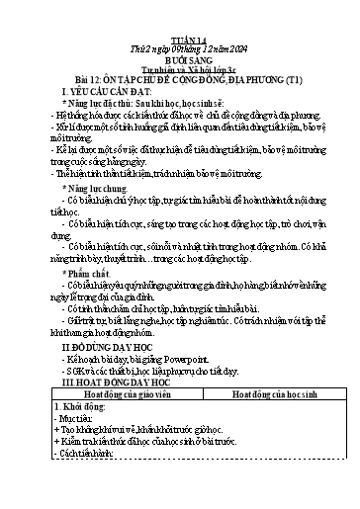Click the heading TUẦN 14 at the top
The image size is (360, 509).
(x=180, y=21)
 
